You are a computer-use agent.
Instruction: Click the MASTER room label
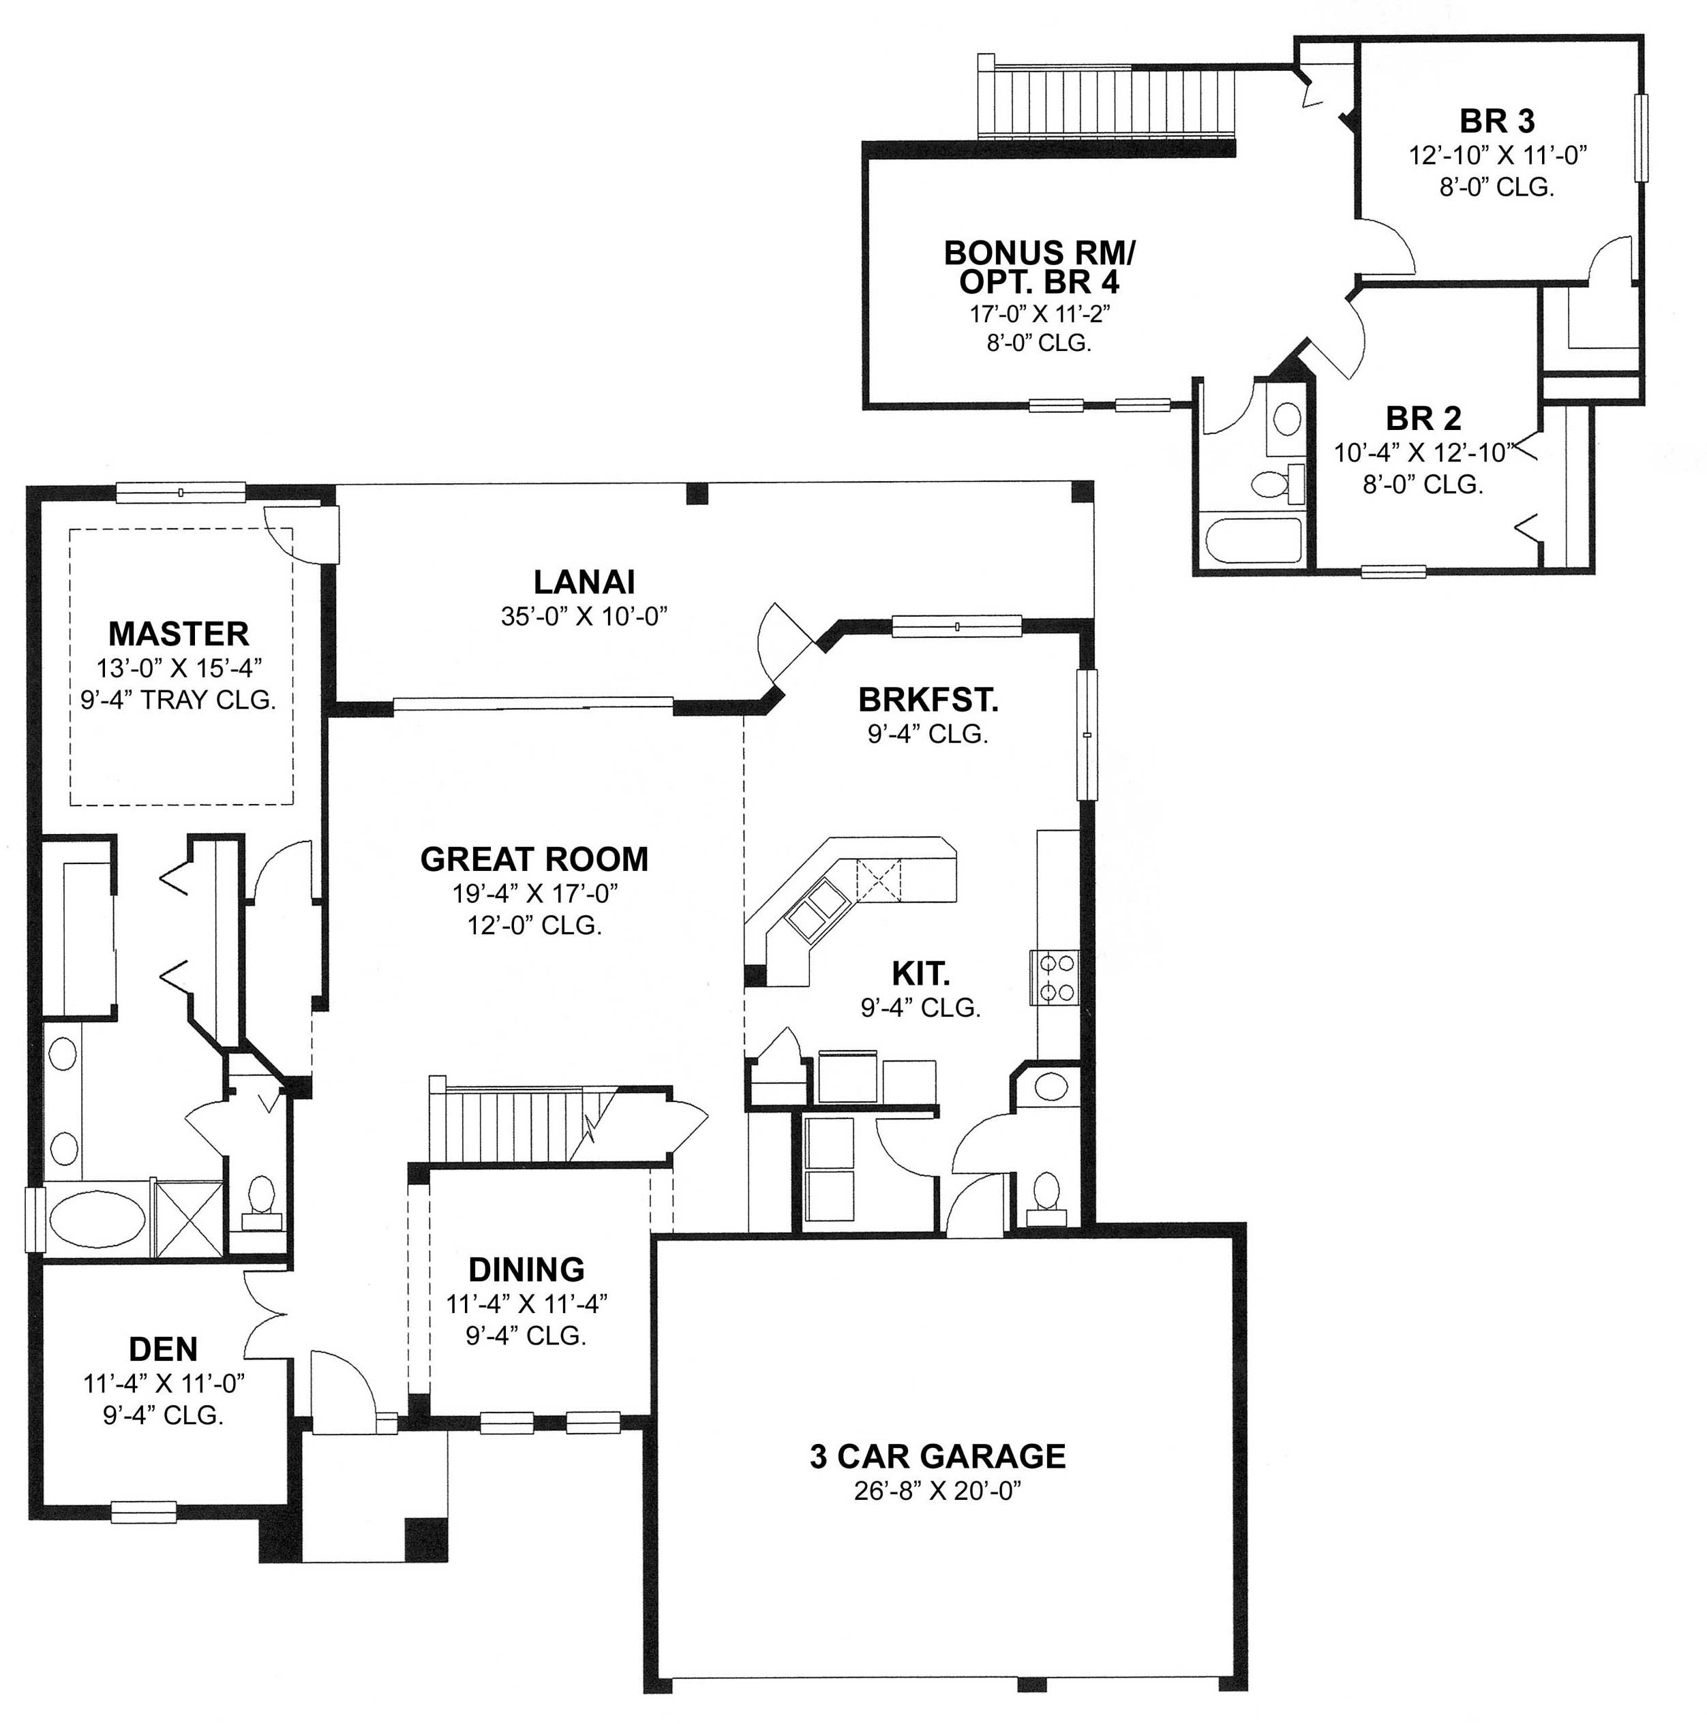[179, 634]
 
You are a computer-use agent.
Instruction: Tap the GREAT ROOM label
[534, 859]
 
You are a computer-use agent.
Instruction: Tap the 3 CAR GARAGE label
[937, 1457]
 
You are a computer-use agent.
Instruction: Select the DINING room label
[527, 1269]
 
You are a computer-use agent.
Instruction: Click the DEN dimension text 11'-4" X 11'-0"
[164, 1384]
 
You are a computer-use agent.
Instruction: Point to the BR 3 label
[1497, 121]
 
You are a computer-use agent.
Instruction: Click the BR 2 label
[1423, 418]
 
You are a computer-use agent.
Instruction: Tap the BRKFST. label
[928, 701]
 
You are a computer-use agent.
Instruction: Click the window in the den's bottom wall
[143, 1511]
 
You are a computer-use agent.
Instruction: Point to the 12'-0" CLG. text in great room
[534, 925]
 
